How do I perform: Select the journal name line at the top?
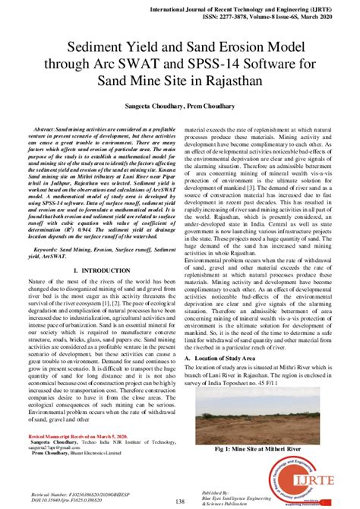tap(267, 5)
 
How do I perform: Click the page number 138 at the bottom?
tap(180, 501)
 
